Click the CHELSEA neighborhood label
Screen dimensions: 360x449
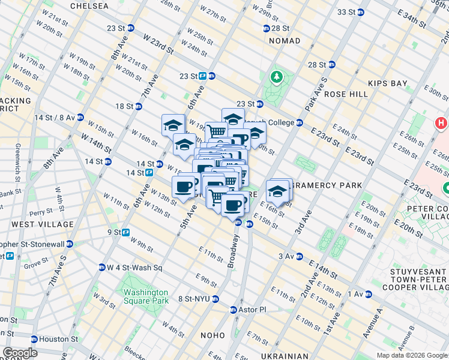click(89, 6)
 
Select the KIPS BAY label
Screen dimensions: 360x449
click(388, 84)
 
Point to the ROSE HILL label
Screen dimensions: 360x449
click(345, 94)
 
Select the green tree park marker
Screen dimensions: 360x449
click(277, 77)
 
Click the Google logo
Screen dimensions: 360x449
click(20, 353)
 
